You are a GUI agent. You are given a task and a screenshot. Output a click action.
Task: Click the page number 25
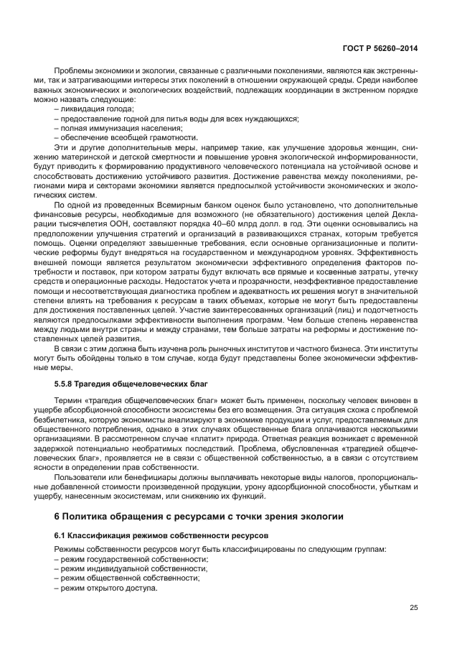(414, 608)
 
